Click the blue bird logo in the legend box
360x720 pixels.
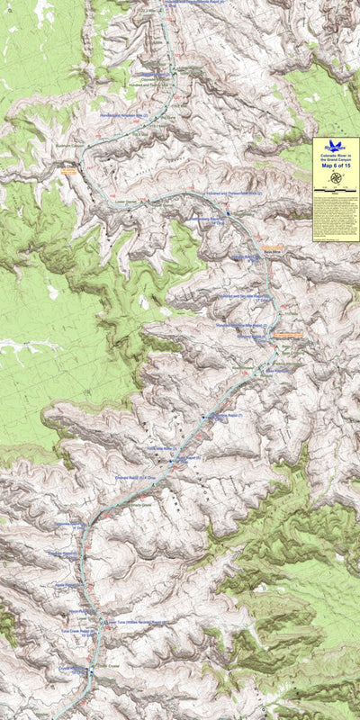point(336,145)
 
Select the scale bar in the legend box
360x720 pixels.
point(336,192)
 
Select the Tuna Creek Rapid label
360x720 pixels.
point(76,631)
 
